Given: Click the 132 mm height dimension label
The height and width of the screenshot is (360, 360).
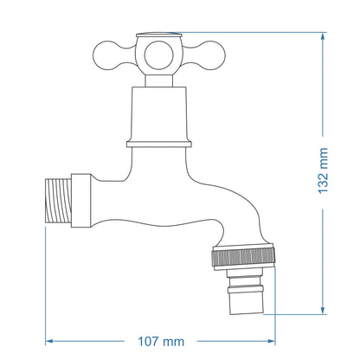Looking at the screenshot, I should [x=324, y=171].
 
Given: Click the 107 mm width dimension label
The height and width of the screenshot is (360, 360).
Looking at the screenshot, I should [x=161, y=341].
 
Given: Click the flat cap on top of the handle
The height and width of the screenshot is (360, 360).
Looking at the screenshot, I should [x=158, y=37].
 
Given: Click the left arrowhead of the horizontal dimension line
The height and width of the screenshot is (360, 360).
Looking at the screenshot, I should [x=49, y=340].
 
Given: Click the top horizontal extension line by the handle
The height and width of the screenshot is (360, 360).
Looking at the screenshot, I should [x=260, y=33].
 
